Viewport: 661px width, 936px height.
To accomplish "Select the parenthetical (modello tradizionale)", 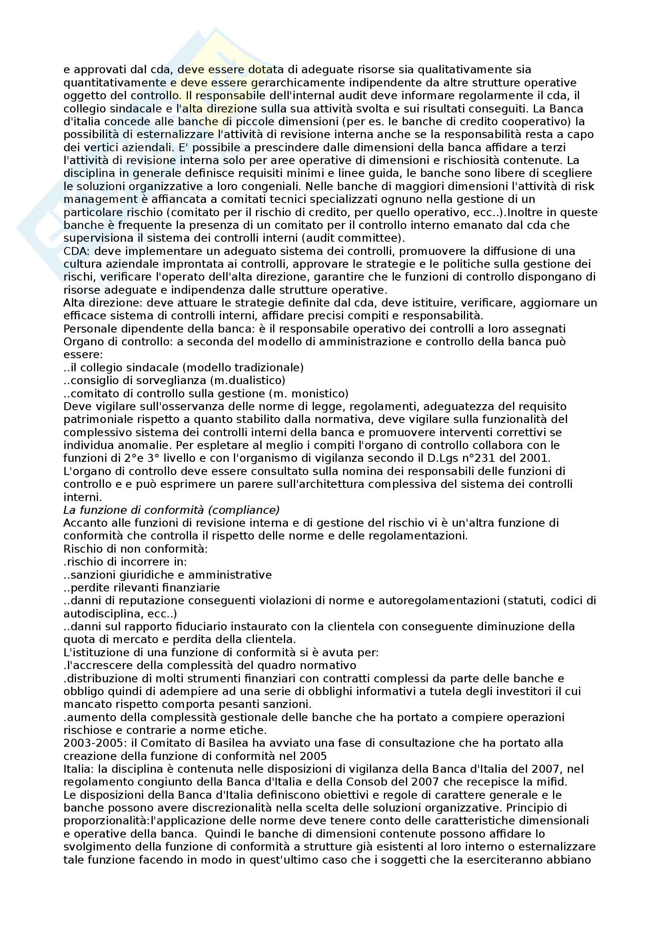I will [x=243, y=367].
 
